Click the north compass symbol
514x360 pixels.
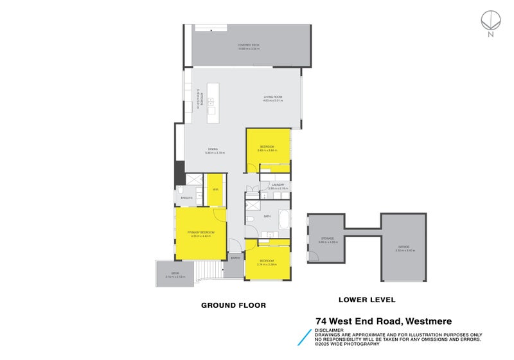pyautogui.click(x=490, y=21)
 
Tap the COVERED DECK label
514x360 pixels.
pyautogui.click(x=247, y=45)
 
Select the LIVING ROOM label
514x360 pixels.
pyautogui.click(x=273, y=97)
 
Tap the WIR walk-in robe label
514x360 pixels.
pyautogui.click(x=215, y=190)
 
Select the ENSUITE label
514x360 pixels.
pyautogui.click(x=187, y=197)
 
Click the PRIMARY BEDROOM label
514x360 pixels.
pyautogui.click(x=200, y=231)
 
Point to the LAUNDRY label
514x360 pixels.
pyautogui.click(x=278, y=184)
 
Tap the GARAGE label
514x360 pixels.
pyautogui.click(x=403, y=248)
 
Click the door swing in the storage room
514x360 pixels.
pyautogui.click(x=313, y=256)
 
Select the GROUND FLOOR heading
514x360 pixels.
pyautogui.click(x=233, y=305)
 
